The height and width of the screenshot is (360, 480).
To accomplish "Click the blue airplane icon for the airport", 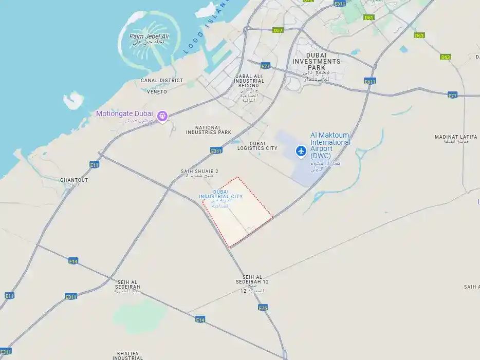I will [x=301, y=151].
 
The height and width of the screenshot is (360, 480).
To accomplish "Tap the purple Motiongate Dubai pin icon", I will [x=163, y=116].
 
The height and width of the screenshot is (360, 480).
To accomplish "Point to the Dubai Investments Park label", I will [x=316, y=61].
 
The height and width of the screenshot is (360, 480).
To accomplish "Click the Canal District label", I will [x=162, y=81].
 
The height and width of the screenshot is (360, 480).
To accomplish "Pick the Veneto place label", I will [x=157, y=92].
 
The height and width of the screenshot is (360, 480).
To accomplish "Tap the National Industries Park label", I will [x=209, y=130].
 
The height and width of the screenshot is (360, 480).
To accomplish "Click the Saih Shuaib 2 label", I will [x=200, y=172].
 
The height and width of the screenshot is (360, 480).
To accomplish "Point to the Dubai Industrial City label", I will [x=221, y=194].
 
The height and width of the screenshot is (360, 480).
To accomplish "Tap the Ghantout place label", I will [x=74, y=180].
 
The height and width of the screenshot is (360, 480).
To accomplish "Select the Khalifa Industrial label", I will [x=130, y=355].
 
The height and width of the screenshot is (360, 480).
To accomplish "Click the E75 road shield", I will [x=263, y=308].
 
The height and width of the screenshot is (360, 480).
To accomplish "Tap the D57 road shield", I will [x=278, y=30].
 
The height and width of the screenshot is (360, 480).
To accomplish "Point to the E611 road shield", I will [x=370, y=81].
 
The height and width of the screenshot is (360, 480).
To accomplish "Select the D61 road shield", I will [x=369, y=17].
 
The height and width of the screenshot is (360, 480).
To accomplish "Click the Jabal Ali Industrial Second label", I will [x=249, y=81].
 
